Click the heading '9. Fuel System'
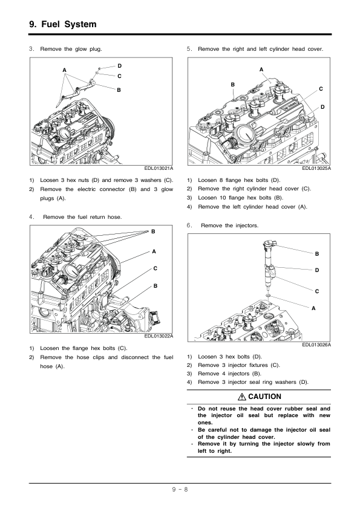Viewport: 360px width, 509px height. pyautogui.click(x=63, y=24)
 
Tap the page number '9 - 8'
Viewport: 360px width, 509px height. pyautogui.click(x=180, y=489)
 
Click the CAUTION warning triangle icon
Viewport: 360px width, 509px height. pyautogui.click(x=242, y=397)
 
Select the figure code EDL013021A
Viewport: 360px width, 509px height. pyautogui.click(x=159, y=168)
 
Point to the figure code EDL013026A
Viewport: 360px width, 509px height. pyautogui.click(x=316, y=345)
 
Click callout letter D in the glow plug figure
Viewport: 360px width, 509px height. pyautogui.click(x=119, y=66)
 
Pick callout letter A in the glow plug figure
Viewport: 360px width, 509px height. pyautogui.click(x=64, y=70)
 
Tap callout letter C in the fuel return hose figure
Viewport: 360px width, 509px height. pyautogui.click(x=155, y=268)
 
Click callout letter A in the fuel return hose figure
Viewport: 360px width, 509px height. pyautogui.click(x=154, y=251)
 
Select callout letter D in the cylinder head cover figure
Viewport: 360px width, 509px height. pyautogui.click(x=322, y=107)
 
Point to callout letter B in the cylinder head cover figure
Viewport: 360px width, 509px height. pyautogui.click(x=232, y=85)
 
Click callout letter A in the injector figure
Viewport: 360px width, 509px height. pyautogui.click(x=313, y=309)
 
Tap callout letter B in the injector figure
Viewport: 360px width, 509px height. pyautogui.click(x=317, y=254)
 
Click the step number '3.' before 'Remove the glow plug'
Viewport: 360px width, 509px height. pyautogui.click(x=31, y=49)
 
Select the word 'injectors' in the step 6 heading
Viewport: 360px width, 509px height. pyautogui.click(x=246, y=225)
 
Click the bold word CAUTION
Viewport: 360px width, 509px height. pyautogui.click(x=265, y=397)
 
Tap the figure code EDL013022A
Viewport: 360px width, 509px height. pyautogui.click(x=159, y=336)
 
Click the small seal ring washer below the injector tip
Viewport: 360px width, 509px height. pyautogui.click(x=268, y=296)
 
